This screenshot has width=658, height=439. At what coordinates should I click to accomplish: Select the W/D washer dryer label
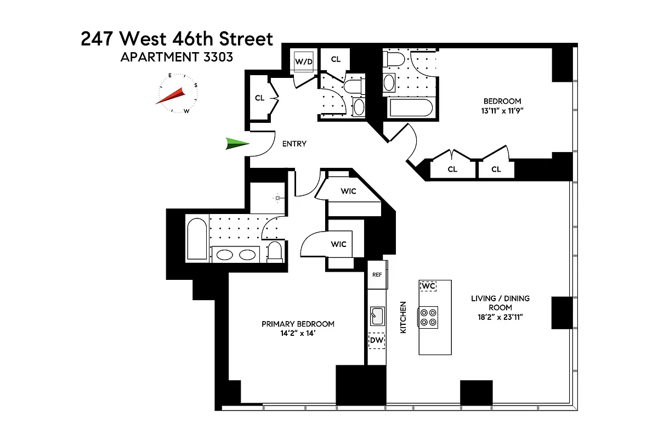pos(304,61)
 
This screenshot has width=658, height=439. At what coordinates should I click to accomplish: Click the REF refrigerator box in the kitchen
pos(377,274)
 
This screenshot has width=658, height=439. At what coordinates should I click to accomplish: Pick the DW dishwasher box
pos(377,341)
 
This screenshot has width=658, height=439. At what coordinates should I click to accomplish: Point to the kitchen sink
pos(377,316)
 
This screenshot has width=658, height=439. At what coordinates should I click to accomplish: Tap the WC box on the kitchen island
pos(428,286)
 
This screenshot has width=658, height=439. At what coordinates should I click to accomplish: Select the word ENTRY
pos(294,144)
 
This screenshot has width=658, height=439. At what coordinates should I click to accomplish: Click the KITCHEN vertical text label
pos(402,317)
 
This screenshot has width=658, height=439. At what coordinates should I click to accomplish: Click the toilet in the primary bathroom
pos(274,251)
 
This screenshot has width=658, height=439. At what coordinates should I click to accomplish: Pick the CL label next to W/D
pos(336,59)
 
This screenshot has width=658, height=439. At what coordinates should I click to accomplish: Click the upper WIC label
pos(348,191)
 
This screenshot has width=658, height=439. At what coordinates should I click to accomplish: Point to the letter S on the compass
pos(196,85)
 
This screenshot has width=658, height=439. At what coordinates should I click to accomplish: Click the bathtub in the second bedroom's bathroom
pos(411,108)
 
